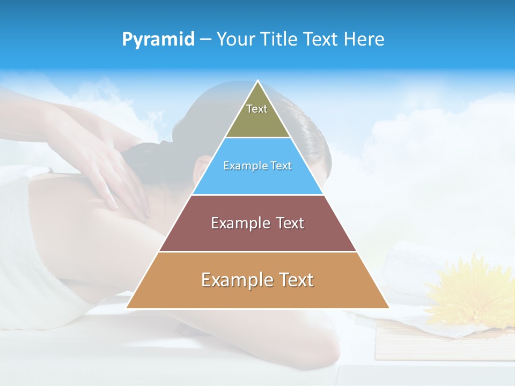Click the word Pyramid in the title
point(158,40)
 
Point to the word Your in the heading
point(236,40)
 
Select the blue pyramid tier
point(257,166)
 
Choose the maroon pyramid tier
point(257,223)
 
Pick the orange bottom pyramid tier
point(257,280)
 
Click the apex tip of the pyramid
point(258,81)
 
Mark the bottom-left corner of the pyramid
point(127,308)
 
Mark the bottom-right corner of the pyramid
point(388,308)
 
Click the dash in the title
point(205,40)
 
